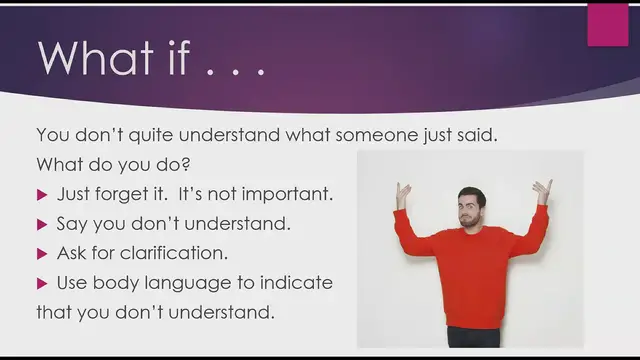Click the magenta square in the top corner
point(607,25)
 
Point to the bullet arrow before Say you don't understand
point(42,223)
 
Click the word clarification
point(177,253)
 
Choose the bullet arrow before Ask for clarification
point(42,253)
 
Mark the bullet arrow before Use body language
point(42,283)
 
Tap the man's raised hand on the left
point(403,192)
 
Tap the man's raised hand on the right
point(541,189)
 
